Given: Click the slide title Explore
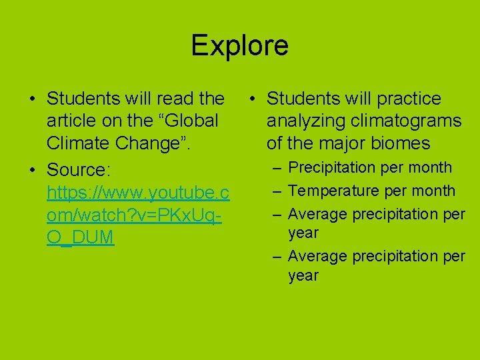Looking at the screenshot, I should pyautogui.click(x=239, y=46).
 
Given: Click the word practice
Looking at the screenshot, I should pyautogui.click(x=409, y=99).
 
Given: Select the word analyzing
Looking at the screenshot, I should pyautogui.click(x=304, y=121).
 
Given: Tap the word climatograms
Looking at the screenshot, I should pyautogui.click(x=404, y=121).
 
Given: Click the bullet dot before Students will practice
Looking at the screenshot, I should pyautogui.click(x=253, y=99).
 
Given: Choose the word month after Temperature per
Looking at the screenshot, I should pyautogui.click(x=433, y=191).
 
